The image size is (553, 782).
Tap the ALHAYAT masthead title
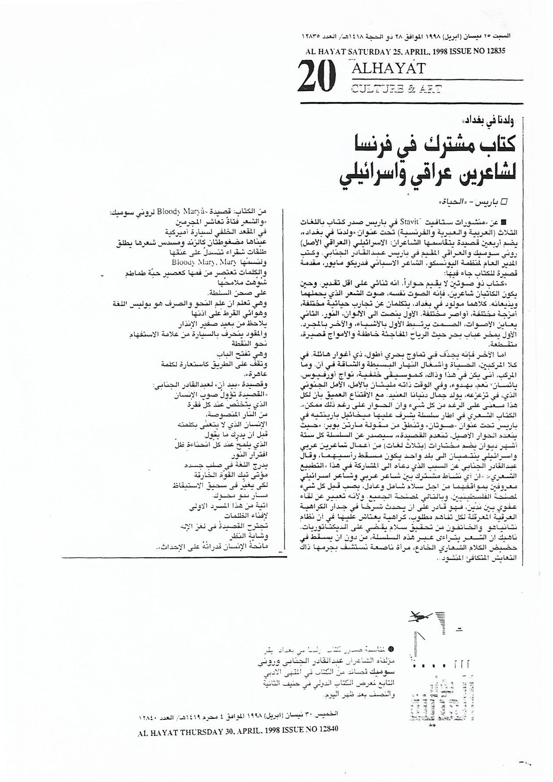[388, 68]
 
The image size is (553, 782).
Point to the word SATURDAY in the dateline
[363, 51]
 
